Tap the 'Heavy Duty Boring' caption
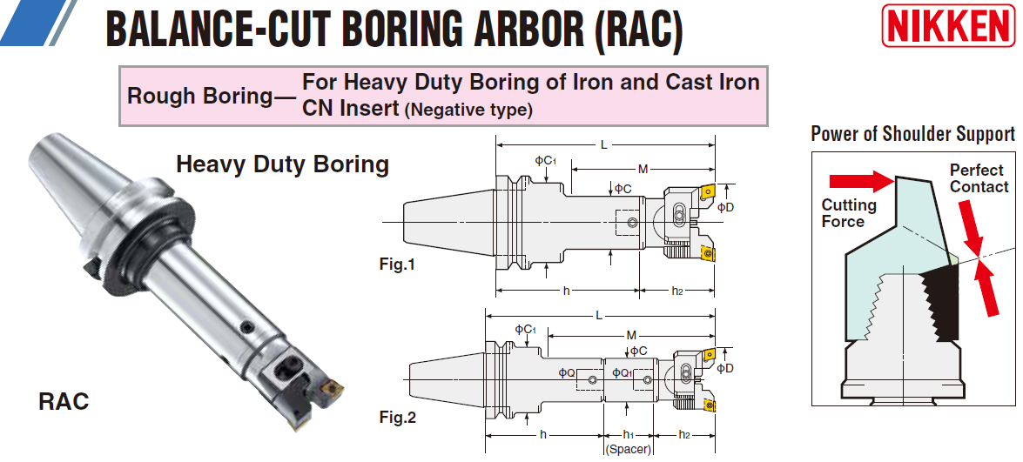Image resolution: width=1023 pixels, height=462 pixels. point(282,164)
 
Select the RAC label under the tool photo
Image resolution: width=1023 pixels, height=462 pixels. point(64,401)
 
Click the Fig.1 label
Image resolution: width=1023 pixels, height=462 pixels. point(397,264)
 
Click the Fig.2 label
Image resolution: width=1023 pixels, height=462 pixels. point(397,418)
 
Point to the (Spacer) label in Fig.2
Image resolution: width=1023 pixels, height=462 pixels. point(628,449)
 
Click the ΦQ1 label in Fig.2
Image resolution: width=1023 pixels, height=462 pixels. point(622,372)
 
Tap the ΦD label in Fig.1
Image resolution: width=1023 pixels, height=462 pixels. point(725,207)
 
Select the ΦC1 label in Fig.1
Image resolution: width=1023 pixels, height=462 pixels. point(545,161)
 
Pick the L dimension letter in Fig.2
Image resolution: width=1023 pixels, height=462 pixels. point(599,315)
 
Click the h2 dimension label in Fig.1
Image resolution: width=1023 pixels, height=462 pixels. point(677,291)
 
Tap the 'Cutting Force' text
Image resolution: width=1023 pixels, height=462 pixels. point(848,213)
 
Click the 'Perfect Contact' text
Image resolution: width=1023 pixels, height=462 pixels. point(978,178)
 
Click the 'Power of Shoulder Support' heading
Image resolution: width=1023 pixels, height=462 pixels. point(912,134)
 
